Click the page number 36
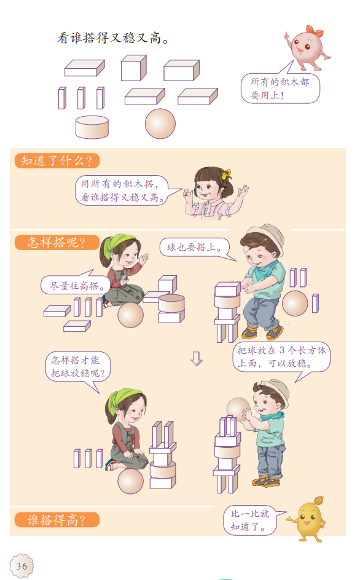pyautogui.click(x=22, y=566)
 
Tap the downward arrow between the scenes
pyautogui.click(x=197, y=358)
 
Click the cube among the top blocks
pyautogui.click(x=133, y=68)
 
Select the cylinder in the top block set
pyautogui.click(x=92, y=127)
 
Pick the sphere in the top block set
pyautogui.click(x=160, y=123)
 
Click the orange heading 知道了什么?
pyautogui.click(x=57, y=161)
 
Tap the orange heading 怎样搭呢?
pyautogui.click(x=57, y=242)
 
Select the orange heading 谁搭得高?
pyautogui.click(x=57, y=520)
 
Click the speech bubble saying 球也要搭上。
pyautogui.click(x=195, y=248)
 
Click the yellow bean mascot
pyautogui.click(x=309, y=519)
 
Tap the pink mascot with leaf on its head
pyautogui.click(x=307, y=47)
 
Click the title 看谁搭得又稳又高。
pyautogui.click(x=113, y=37)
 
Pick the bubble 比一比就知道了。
pyautogui.click(x=251, y=520)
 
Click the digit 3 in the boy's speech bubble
pyautogui.click(x=282, y=350)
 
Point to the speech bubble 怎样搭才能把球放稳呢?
pyautogui.click(x=77, y=367)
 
